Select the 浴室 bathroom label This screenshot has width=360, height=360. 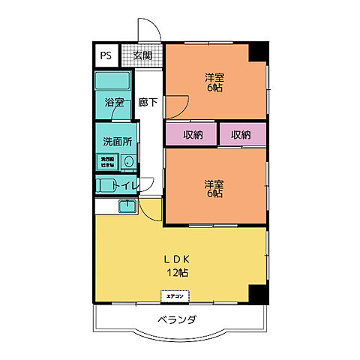(x=114, y=103)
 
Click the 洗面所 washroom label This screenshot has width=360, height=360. (x=117, y=140)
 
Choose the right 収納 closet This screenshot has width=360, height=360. (x=241, y=135)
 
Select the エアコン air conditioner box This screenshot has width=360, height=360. (x=175, y=295)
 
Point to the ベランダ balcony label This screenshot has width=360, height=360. (x=177, y=321)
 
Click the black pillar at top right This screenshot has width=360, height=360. (x=259, y=51)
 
